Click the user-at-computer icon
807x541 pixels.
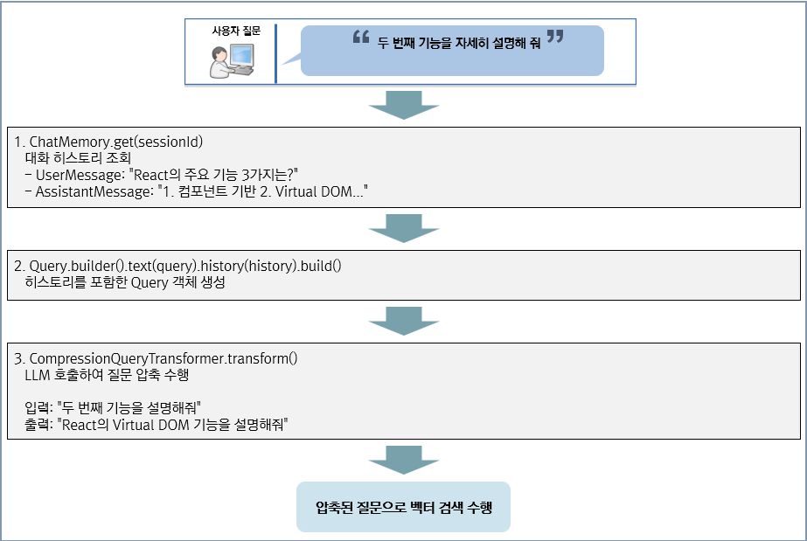pos(232,60)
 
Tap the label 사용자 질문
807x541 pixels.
pos(236,31)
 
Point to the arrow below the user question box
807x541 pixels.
pos(403,104)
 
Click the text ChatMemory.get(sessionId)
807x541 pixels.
pos(115,142)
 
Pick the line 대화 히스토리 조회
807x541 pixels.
pos(79,158)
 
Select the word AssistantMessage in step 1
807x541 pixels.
pos(93,191)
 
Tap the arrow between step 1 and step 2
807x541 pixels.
pos(403,229)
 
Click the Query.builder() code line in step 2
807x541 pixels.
pos(184,266)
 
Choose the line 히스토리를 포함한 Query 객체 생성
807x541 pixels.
pos(125,283)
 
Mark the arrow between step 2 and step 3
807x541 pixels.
pos(403,321)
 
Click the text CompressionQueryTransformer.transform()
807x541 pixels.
pos(163,358)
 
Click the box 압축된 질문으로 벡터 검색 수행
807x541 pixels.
pos(403,507)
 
